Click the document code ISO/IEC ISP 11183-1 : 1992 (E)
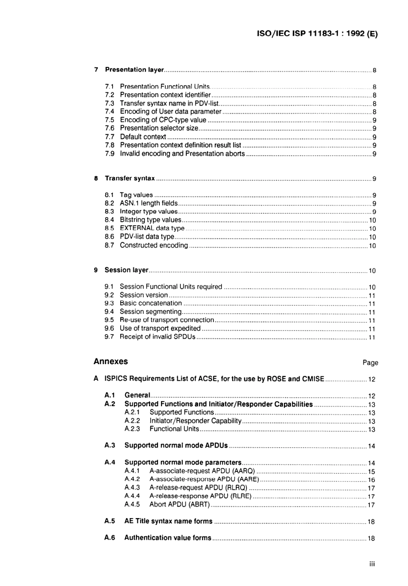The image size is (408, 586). click(x=317, y=34)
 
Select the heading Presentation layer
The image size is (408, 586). click(x=134, y=70)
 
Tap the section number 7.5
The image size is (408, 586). click(x=110, y=120)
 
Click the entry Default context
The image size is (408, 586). click(x=143, y=137)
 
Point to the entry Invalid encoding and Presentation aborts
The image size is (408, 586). click(x=182, y=153)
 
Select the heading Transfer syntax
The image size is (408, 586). click(x=130, y=178)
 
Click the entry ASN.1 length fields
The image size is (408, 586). click(x=149, y=203)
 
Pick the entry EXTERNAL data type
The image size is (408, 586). click(x=152, y=228)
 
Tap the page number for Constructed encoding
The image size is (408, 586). click(x=372, y=246)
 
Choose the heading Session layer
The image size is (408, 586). click(x=126, y=270)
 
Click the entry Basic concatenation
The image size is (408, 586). click(x=151, y=303)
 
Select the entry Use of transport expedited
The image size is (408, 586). click(x=160, y=328)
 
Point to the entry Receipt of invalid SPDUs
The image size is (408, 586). click(x=157, y=337)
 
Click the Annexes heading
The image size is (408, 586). click(x=111, y=362)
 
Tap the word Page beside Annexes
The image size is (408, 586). click(x=370, y=362)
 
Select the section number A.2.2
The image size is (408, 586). click(x=132, y=421)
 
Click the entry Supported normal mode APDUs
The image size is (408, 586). click(x=176, y=445)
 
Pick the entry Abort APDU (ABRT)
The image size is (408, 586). click(x=180, y=504)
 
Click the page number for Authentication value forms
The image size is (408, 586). click(x=371, y=538)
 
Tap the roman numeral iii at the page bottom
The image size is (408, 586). click(x=372, y=564)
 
